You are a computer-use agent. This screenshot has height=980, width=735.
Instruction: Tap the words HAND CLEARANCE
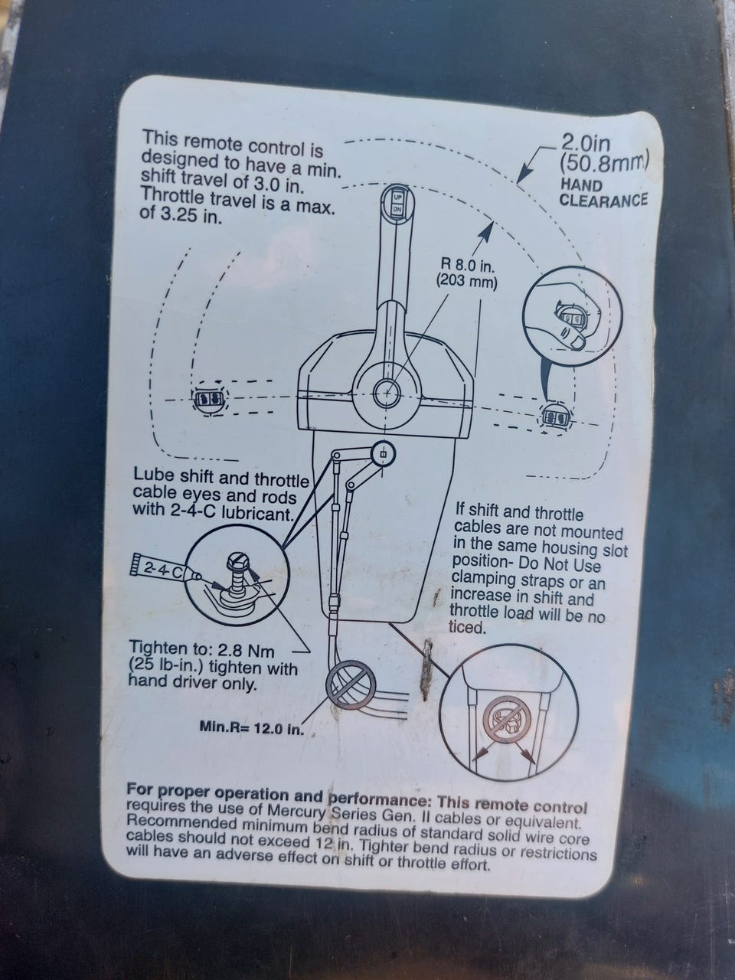tap(603, 192)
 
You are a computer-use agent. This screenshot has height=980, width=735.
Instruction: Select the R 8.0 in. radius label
tap(468, 266)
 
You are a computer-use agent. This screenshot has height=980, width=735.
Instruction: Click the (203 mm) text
tap(466, 283)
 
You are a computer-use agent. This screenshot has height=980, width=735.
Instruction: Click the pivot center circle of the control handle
tap(387, 393)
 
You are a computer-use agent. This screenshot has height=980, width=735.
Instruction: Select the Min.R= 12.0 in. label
tap(252, 728)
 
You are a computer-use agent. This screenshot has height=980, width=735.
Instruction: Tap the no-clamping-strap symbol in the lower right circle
tap(508, 718)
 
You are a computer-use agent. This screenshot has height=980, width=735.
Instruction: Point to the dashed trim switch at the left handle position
tap(209, 399)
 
